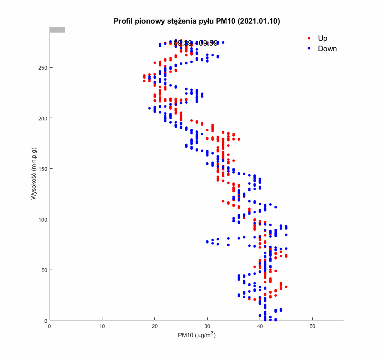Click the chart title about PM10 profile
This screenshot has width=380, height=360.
pyautogui.click(x=196, y=21)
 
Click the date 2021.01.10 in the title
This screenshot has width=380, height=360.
pyautogui.click(x=258, y=21)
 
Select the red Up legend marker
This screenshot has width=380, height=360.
pyautogui.click(x=309, y=38)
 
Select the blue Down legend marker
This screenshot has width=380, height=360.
pyautogui.click(x=309, y=49)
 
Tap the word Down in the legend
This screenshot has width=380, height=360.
pyautogui.click(x=327, y=49)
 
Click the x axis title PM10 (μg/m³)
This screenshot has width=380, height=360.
pyautogui.click(x=196, y=335)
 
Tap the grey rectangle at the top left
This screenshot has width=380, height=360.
pyautogui.click(x=57, y=30)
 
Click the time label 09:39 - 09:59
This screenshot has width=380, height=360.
pyautogui.click(x=196, y=43)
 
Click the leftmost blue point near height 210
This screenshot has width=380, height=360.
pyautogui.click(x=150, y=108)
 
